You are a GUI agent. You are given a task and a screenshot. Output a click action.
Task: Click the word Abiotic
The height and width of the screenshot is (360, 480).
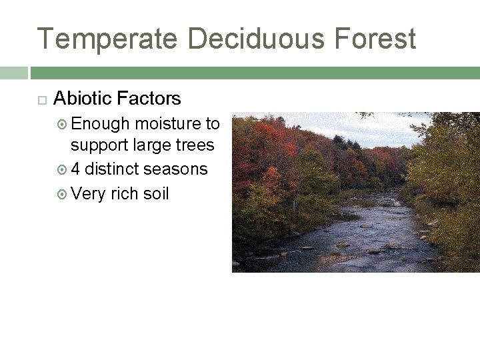[x=81, y=99]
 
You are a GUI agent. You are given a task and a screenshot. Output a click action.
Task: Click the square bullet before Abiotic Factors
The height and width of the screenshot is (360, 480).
[x=41, y=100]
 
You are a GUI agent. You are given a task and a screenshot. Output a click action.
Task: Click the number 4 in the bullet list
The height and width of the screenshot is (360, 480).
[x=76, y=169]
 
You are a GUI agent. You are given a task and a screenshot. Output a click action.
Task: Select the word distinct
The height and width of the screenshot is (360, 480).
[x=111, y=169]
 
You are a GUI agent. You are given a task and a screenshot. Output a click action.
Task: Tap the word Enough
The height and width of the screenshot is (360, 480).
[x=99, y=123]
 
